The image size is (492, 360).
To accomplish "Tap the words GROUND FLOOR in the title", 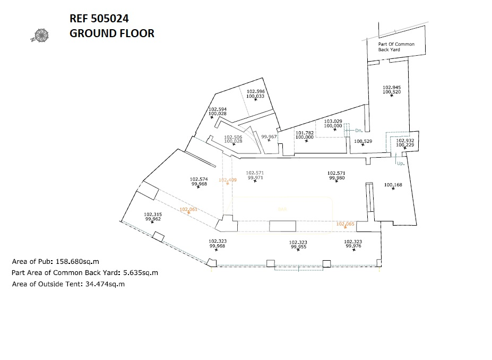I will click(112, 33).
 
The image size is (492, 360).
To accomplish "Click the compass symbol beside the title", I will click(40, 36).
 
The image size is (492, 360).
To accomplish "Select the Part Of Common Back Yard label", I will click(396, 47).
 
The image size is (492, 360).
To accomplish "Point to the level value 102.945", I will click(392, 87).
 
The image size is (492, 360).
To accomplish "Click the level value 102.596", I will click(256, 91).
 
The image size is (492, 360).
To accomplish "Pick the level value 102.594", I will click(218, 109).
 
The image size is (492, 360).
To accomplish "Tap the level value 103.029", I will click(333, 121).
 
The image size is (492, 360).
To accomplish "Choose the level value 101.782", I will click(305, 133).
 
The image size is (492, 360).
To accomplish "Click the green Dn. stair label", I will click(358, 130).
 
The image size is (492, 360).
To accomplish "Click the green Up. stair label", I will click(401, 164).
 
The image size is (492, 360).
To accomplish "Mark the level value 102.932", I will click(405, 140).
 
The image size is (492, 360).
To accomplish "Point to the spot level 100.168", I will click(393, 185).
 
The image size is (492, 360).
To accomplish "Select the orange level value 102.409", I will click(228, 180).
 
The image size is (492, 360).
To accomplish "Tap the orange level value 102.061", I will click(188, 209).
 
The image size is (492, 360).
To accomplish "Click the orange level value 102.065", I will click(345, 224).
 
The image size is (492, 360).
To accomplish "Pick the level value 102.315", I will click(153, 215).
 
